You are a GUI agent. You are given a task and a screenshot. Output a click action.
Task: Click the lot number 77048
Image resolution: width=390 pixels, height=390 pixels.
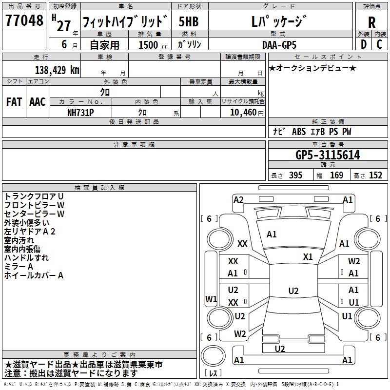[24, 22]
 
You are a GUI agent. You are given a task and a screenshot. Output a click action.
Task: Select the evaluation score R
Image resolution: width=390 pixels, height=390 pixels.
[372, 22]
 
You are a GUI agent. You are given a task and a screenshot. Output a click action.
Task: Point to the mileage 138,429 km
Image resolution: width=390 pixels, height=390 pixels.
[57, 70]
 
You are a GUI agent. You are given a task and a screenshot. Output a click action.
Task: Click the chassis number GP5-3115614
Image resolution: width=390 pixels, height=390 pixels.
[328, 156]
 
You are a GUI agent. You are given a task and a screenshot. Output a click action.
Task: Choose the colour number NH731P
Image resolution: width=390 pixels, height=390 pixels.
[81, 112]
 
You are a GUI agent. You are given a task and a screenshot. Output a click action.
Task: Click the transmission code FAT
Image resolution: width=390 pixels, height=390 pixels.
[14, 101]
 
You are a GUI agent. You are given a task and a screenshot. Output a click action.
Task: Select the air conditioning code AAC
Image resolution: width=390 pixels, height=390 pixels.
[38, 101]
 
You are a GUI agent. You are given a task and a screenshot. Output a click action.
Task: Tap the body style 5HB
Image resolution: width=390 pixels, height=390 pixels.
[188, 22]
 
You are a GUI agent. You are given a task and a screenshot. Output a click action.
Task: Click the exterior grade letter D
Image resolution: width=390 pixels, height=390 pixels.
[364, 44]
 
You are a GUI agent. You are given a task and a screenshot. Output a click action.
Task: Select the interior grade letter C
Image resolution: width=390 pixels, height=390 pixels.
[380, 44]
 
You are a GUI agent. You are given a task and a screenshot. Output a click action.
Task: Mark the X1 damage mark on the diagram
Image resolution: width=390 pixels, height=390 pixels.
[308, 256]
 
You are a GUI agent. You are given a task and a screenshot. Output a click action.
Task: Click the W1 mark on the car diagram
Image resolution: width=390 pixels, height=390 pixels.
[211, 299]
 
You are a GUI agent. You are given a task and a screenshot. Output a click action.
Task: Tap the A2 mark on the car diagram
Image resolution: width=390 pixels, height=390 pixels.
[238, 199]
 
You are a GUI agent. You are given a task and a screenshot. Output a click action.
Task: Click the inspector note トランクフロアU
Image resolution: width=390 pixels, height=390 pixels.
[34, 196]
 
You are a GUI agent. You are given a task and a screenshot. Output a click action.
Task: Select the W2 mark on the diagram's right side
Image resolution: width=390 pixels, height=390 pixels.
[354, 261]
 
